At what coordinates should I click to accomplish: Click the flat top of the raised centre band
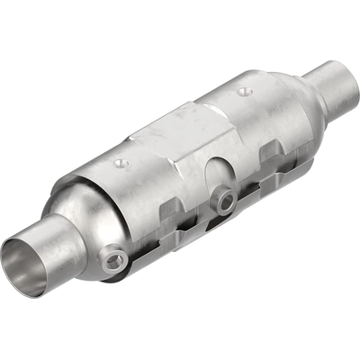(180, 126)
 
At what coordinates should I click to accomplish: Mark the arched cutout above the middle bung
(219, 173)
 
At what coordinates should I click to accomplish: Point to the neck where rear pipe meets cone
(310, 90)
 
